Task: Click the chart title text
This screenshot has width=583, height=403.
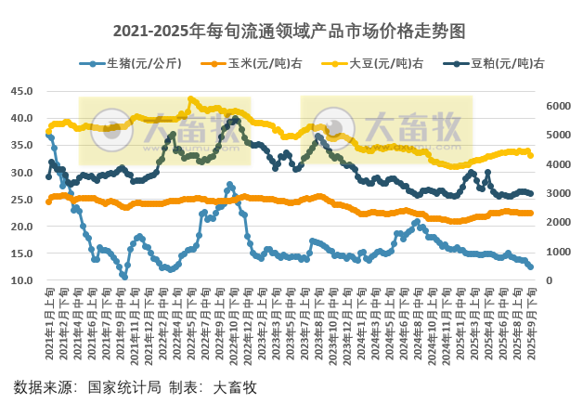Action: pos(291,31)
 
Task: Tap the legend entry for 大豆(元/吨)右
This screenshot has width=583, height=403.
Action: pos(386,64)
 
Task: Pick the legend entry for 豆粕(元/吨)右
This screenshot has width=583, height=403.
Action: pos(507,64)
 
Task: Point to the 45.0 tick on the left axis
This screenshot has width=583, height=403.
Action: pos(21,91)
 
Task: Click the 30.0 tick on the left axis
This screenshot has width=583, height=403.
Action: pos(21,173)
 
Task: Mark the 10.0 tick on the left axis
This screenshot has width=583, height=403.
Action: pos(21,280)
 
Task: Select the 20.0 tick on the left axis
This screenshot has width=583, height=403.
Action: pos(21,227)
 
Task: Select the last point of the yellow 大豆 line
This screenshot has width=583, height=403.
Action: pos(530,155)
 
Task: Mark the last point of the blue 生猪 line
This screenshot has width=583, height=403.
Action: pos(530,267)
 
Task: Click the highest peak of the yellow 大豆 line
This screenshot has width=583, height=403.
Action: pos(190,99)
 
